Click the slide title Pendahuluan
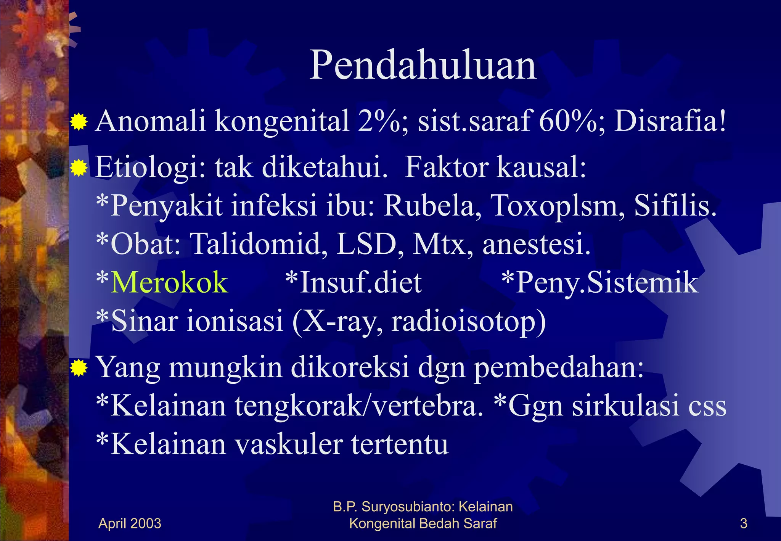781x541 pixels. (x=423, y=66)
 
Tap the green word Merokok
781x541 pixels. (x=169, y=283)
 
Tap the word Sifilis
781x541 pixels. (x=675, y=206)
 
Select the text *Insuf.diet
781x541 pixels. (x=354, y=283)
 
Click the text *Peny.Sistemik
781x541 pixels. (x=600, y=283)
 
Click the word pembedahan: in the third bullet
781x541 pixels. (x=559, y=367)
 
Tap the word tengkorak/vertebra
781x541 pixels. (x=358, y=406)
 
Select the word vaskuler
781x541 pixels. (x=288, y=445)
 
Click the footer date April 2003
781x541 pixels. (x=130, y=523)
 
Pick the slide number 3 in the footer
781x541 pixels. (x=743, y=523)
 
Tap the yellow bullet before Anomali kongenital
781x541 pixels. (x=79, y=122)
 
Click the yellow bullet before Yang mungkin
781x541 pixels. (x=79, y=368)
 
